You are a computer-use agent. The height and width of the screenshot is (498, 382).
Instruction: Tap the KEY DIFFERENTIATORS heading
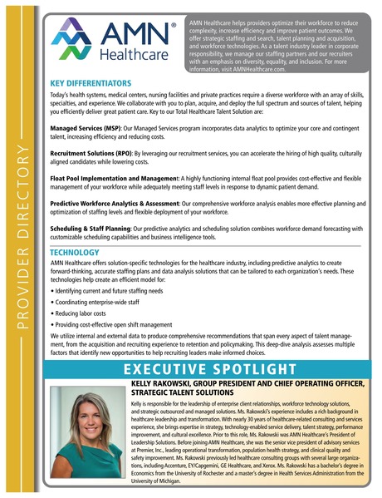(x=91, y=84)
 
